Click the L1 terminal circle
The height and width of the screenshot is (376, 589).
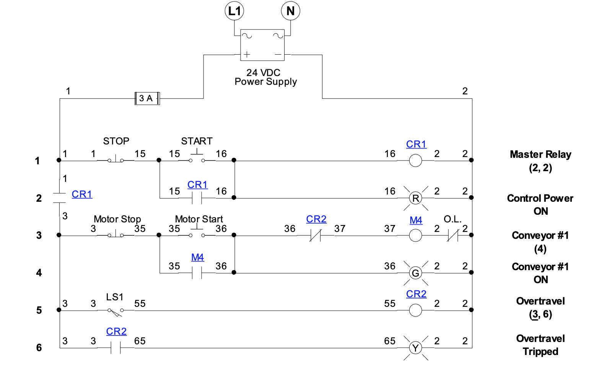point(234,11)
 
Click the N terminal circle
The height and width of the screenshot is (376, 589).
point(290,11)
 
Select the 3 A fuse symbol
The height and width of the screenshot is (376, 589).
point(147,99)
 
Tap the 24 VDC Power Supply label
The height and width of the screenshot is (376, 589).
point(265,77)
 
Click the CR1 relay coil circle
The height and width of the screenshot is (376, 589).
point(415,160)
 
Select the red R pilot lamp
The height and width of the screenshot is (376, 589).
point(415,198)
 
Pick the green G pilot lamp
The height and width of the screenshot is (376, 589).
point(415,273)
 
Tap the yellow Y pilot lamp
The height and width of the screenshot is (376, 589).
point(415,348)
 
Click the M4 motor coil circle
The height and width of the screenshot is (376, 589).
point(415,235)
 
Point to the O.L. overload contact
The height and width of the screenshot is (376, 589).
point(452,235)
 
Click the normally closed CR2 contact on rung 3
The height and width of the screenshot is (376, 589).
point(315,235)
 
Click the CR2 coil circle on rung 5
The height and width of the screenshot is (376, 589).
point(415,310)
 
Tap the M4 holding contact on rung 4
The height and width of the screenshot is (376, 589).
point(197,273)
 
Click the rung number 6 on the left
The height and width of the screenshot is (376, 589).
point(39,348)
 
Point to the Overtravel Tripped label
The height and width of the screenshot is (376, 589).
point(540,345)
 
